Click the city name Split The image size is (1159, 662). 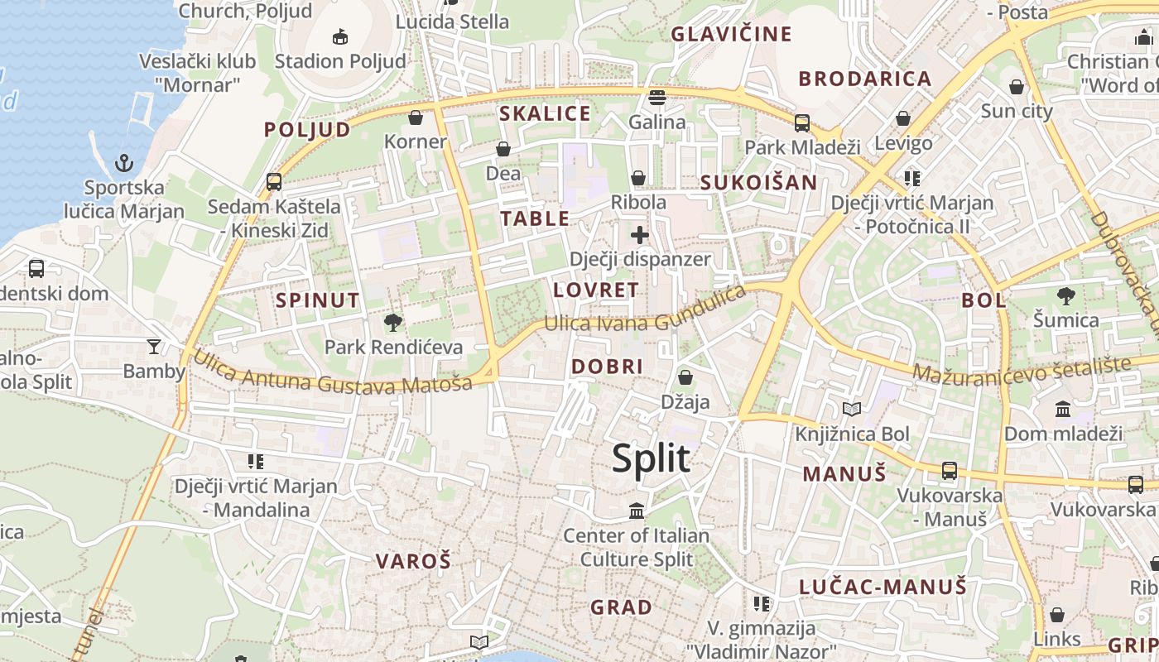[x=651, y=458]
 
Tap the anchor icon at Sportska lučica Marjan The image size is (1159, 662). [x=124, y=162]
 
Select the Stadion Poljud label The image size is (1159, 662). [x=340, y=61]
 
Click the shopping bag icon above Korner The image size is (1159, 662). [x=416, y=118]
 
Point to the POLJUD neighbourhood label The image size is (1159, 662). [x=307, y=130]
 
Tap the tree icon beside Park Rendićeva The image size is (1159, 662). [x=393, y=322]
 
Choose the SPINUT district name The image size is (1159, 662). [x=318, y=300]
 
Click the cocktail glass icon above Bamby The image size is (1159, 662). [x=153, y=346]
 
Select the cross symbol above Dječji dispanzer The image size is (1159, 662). [x=640, y=235]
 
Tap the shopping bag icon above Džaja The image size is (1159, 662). [x=685, y=378]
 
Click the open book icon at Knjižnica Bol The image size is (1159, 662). [x=852, y=409]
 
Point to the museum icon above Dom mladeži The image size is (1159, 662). [x=1063, y=409]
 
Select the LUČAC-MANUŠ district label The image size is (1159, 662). [x=882, y=588]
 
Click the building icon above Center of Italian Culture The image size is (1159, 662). [x=637, y=511]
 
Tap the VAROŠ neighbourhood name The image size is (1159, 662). [x=413, y=561]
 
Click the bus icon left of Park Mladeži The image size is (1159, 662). [x=801, y=122]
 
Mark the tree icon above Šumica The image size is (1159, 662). [x=1066, y=295]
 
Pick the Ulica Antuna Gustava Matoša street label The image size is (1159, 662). [x=333, y=372]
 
